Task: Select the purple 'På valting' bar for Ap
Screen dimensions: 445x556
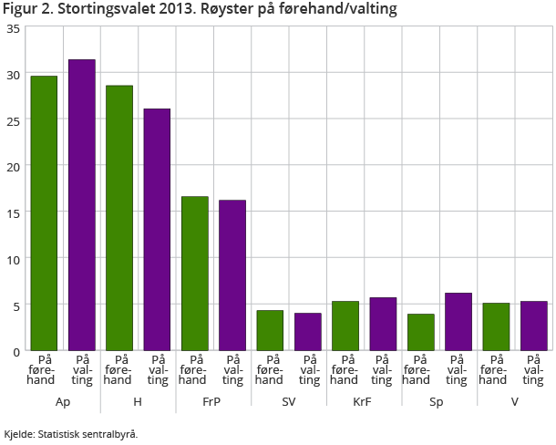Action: pyautogui.click(x=81, y=204)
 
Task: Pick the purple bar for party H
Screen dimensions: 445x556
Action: pyautogui.click(x=157, y=229)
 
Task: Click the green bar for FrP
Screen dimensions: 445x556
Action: pyautogui.click(x=194, y=273)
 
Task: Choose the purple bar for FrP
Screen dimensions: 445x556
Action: pyautogui.click(x=232, y=274)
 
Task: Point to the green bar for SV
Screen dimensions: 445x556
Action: pyautogui.click(x=270, y=330)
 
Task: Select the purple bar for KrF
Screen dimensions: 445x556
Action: pyautogui.click(x=382, y=324)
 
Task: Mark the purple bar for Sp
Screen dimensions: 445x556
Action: pyautogui.click(x=458, y=321)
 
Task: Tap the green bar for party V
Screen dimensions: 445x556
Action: pyautogui.click(x=495, y=326)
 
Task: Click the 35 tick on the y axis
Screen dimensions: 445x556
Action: pyautogui.click(x=13, y=28)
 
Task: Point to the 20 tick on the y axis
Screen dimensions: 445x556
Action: pyautogui.click(x=13, y=167)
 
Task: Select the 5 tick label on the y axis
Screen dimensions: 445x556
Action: pyautogui.click(x=15, y=305)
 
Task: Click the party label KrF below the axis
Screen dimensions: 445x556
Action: pyautogui.click(x=364, y=402)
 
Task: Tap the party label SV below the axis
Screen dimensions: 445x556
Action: pyautogui.click(x=288, y=402)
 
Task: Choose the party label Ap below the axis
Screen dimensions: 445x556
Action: pyautogui.click(x=63, y=402)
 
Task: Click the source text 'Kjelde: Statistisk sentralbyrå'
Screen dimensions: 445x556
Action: pyautogui.click(x=70, y=434)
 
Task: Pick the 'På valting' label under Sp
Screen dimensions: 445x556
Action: pyautogui.click(x=458, y=369)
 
